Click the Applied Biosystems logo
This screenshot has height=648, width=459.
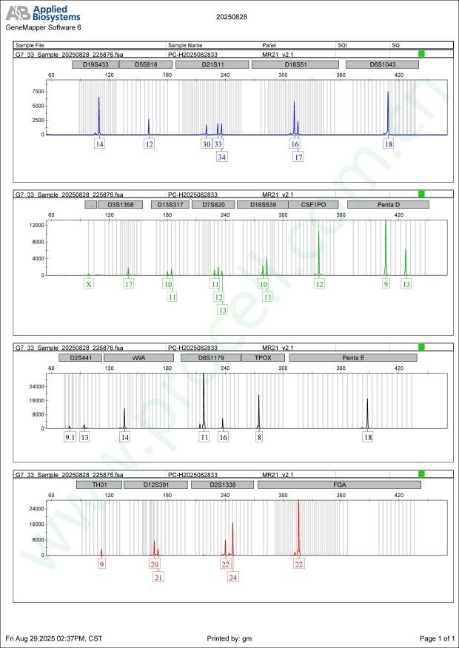point(43,13)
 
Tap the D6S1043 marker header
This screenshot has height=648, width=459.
point(382,64)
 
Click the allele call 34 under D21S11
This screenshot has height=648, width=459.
point(221,157)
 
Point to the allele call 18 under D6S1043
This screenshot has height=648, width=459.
point(388,144)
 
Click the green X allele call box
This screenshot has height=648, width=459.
point(89,284)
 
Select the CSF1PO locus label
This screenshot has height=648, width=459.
point(313,204)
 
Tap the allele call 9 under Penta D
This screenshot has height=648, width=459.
point(386,284)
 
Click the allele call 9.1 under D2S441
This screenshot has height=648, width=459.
point(70,437)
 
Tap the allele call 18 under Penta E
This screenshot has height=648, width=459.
point(368,437)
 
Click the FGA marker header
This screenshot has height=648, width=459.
point(338,485)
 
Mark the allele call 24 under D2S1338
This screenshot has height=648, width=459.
point(233,577)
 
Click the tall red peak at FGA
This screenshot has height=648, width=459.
point(298,510)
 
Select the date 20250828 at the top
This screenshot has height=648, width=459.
point(231,16)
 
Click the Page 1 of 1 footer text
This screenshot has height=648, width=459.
point(436,638)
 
